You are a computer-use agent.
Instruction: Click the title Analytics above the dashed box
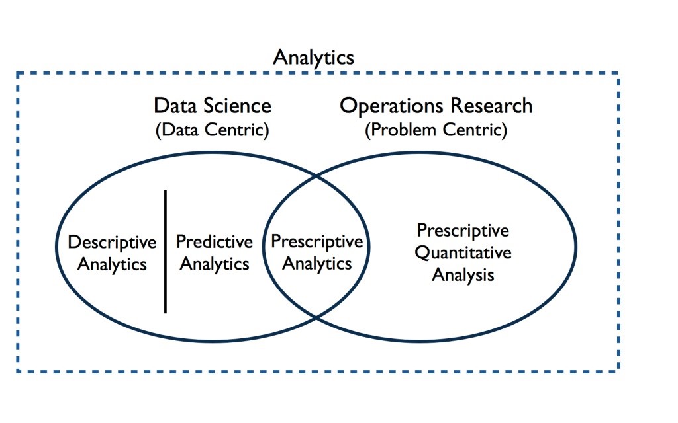[x=313, y=58]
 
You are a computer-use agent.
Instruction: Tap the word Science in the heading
[x=238, y=106]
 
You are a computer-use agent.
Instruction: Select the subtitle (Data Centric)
[x=213, y=130]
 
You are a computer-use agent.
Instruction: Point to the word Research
[x=491, y=106]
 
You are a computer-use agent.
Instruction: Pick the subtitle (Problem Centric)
[x=436, y=130]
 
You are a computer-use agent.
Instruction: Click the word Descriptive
[x=112, y=243]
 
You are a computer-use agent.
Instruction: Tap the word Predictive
[x=215, y=242]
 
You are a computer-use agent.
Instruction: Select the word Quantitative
[x=463, y=253]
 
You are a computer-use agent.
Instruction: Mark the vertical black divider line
[x=165, y=251]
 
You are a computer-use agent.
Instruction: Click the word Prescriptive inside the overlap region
[x=317, y=242]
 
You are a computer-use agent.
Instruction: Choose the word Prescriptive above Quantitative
[x=463, y=231]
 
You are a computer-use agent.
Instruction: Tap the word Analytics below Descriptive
[x=112, y=264]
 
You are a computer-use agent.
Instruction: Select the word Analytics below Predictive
[x=215, y=264]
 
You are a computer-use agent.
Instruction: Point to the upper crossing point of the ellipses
[x=316, y=176]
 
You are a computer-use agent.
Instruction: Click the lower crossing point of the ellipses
[x=316, y=318]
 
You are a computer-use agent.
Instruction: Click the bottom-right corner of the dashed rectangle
[x=619, y=371]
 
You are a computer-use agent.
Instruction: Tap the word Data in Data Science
[x=176, y=106]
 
